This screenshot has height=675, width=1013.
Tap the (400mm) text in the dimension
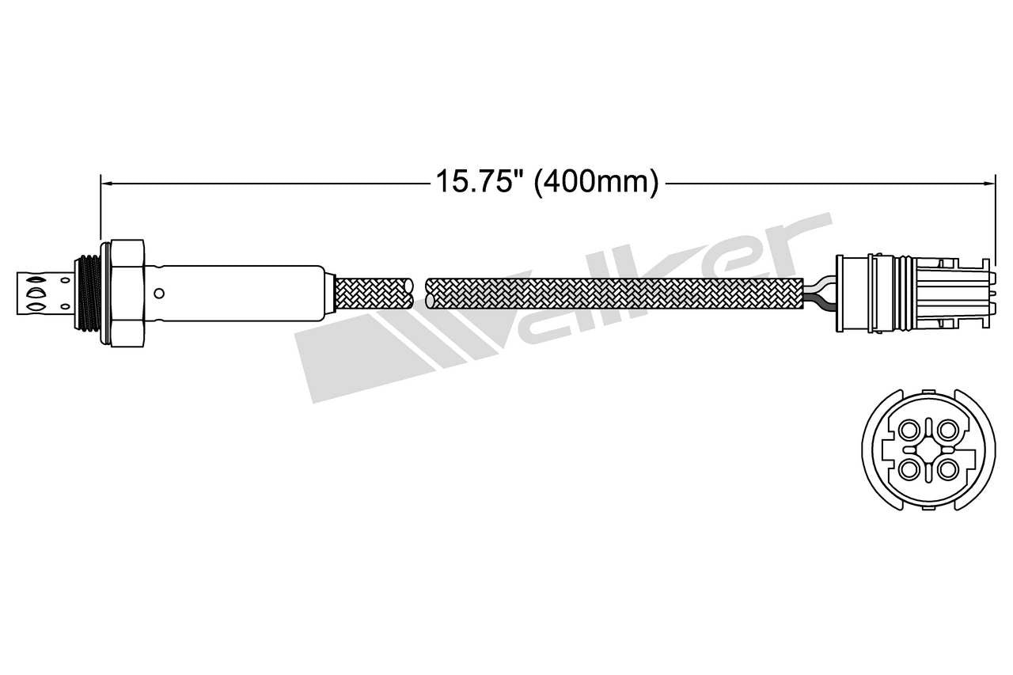coord(596,182)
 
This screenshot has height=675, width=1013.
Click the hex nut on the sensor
coord(127,293)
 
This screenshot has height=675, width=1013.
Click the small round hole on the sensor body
coord(159,294)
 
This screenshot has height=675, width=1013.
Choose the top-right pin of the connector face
coord(947,430)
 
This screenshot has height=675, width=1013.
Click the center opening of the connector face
coord(928,449)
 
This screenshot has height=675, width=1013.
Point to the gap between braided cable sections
coord(419,294)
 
